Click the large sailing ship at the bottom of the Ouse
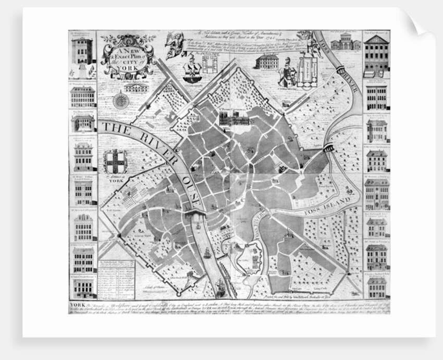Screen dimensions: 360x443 (x=220, y=285)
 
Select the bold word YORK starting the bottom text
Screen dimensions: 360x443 (x=76, y=304)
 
